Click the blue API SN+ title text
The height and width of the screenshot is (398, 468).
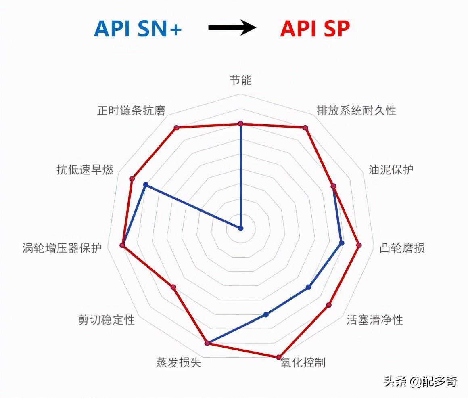(x=138, y=29)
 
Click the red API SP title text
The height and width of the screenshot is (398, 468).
(x=315, y=29)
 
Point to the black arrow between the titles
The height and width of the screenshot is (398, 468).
(x=232, y=28)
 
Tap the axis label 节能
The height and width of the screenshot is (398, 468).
(x=240, y=80)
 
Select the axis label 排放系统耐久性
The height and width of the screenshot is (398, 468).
(x=356, y=110)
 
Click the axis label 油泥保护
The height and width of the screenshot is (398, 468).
(x=391, y=170)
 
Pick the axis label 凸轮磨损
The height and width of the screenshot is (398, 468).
(x=402, y=248)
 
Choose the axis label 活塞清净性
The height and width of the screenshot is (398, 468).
(x=374, y=320)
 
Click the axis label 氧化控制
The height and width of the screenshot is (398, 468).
(x=303, y=362)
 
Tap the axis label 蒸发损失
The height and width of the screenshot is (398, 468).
(x=178, y=362)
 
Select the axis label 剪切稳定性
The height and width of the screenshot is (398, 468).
(x=107, y=320)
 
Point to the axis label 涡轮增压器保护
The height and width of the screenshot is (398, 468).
(x=62, y=248)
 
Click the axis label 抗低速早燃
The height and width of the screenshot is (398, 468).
(x=85, y=170)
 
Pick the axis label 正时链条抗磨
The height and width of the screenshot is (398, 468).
(x=131, y=111)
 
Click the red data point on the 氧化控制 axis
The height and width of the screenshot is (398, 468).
(x=278, y=357)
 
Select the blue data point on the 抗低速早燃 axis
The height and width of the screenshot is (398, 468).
(x=146, y=185)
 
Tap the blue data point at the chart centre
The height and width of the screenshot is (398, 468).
(x=241, y=228)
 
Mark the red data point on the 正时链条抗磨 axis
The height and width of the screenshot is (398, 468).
(x=176, y=128)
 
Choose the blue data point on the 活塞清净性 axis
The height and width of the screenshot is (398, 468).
(x=309, y=287)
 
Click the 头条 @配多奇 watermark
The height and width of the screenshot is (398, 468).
(x=420, y=381)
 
